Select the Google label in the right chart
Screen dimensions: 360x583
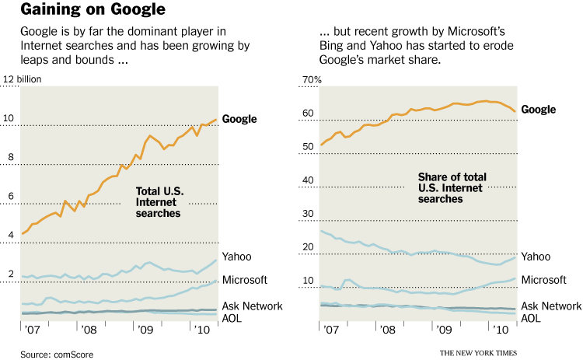pos(538,110)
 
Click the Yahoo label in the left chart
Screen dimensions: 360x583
pos(237,257)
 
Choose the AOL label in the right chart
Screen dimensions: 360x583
pos(531,318)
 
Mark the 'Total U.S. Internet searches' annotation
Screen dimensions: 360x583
pos(159,201)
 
